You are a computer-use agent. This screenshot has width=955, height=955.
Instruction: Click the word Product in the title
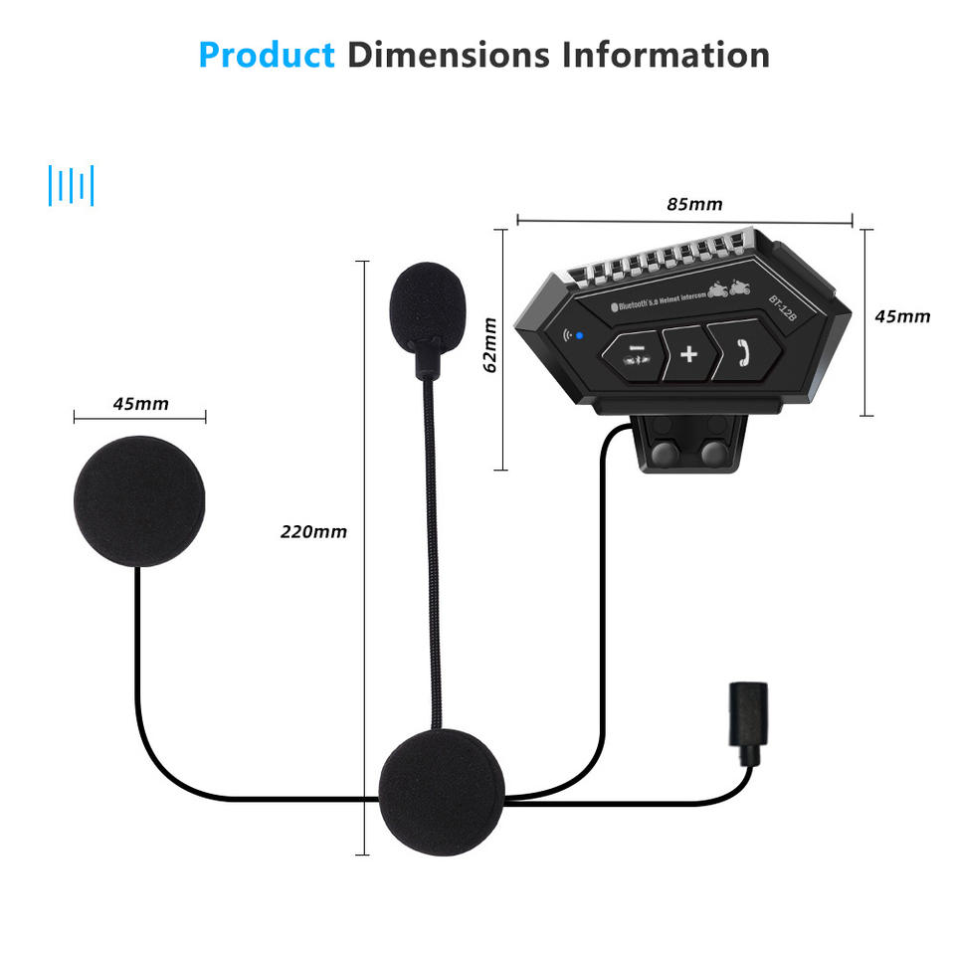267,55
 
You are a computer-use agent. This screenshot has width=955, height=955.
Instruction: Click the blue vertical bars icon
71,186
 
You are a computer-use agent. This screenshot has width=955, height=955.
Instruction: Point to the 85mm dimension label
694,205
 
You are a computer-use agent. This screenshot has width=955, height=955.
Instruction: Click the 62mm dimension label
489,345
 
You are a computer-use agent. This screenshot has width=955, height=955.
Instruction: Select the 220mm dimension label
313,532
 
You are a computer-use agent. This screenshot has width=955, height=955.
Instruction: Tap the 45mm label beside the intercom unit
902,317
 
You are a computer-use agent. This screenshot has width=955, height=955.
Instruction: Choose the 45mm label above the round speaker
140,404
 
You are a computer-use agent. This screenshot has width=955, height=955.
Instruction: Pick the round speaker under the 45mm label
140,500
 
